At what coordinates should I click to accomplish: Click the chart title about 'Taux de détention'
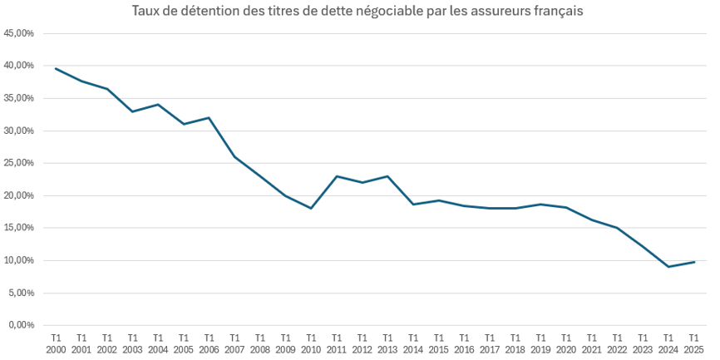point(357,12)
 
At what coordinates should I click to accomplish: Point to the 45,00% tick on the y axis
point(19,33)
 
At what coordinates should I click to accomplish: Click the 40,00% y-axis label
point(19,66)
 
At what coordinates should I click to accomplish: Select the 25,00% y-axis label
point(19,163)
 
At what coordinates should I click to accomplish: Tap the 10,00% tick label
point(19,260)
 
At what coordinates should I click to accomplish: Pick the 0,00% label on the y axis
point(22,325)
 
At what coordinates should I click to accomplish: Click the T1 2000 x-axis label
point(56,343)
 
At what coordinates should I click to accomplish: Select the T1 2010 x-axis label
point(311,343)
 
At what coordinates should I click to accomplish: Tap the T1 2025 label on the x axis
point(694,343)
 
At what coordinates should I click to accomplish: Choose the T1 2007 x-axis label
point(234,343)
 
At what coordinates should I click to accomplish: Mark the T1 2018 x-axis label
point(515,343)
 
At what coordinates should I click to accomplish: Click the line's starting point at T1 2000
point(56,68)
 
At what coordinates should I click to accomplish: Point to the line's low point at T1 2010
point(311,208)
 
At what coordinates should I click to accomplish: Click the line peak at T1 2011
point(337,176)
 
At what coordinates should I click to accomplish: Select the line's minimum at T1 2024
point(668,267)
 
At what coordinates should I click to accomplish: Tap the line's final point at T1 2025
point(694,262)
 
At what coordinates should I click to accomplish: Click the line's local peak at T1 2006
point(209,117)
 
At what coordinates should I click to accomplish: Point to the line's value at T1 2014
point(413,205)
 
